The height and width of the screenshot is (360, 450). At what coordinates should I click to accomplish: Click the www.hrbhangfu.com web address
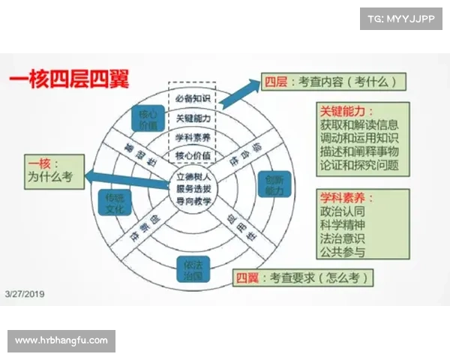tap(61, 340)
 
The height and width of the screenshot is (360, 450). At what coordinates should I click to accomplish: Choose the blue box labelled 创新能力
tap(274, 185)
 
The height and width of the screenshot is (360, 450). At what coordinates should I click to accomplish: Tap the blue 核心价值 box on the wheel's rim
tap(147, 119)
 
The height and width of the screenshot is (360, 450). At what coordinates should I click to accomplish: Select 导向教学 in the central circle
tap(193, 201)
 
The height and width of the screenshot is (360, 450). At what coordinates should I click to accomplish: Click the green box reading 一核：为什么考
tap(52, 170)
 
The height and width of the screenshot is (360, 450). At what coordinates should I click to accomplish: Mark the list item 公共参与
tap(340, 250)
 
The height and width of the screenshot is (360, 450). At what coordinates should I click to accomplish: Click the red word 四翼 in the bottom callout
tap(248, 278)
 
